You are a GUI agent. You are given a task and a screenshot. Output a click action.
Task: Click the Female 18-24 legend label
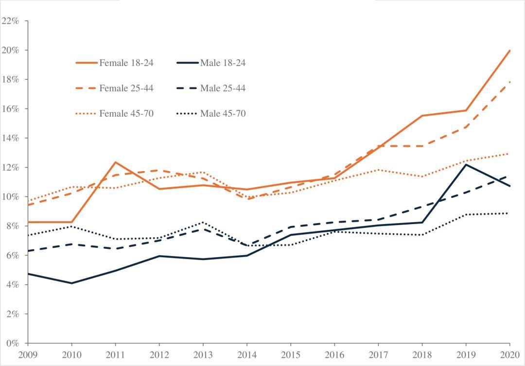127,63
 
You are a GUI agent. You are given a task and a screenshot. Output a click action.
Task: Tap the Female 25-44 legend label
127,88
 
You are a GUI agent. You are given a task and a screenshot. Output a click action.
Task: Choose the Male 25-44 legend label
223,88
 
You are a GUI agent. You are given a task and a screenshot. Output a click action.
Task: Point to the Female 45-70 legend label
127,114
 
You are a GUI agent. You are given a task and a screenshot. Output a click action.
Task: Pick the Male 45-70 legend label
223,114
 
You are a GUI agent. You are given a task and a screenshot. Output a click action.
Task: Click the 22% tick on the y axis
10,21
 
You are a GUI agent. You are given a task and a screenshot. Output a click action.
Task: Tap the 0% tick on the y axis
12,343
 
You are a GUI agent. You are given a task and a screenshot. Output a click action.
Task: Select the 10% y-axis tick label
10,196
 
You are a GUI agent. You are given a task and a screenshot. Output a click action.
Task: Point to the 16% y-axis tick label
10,109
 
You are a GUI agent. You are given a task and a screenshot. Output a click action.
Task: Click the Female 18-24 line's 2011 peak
116,162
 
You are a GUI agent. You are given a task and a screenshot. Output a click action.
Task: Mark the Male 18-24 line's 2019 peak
466,165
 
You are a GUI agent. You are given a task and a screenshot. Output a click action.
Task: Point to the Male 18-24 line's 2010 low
72,283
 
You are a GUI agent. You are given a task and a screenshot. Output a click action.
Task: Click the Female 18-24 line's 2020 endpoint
509,51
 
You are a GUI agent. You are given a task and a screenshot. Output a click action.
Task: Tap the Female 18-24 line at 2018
422,116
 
